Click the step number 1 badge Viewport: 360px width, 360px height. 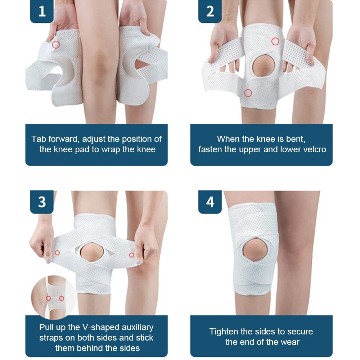(x=42, y=12)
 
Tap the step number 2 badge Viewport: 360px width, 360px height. (x=210, y=12)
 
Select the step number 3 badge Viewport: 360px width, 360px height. (x=42, y=202)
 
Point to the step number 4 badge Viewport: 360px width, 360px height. (x=210, y=202)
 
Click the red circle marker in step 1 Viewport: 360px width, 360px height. (x=56, y=45)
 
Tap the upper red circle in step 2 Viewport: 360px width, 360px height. (x=275, y=41)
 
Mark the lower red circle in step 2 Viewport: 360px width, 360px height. (x=248, y=93)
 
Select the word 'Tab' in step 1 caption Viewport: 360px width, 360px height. (x=39, y=139)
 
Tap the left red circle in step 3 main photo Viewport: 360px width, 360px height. (x=57, y=253)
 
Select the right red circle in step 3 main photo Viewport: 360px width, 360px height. (x=131, y=255)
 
